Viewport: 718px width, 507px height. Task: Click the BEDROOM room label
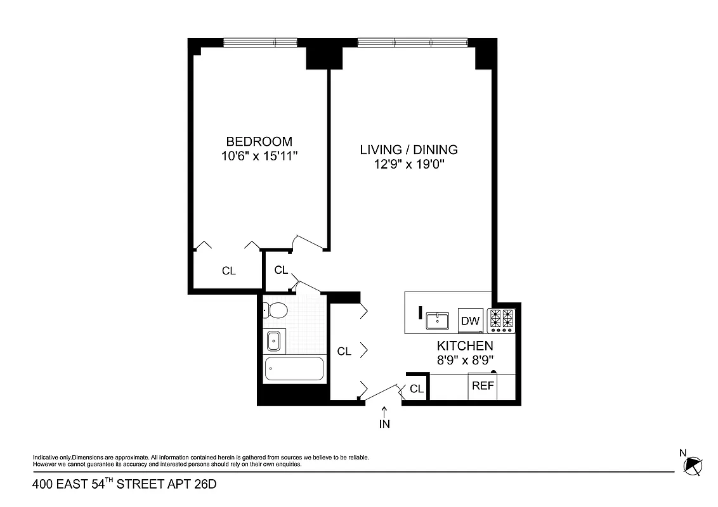pyautogui.click(x=259, y=141)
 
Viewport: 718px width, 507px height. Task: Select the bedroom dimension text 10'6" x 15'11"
pyautogui.click(x=259, y=156)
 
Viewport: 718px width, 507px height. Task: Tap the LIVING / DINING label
pyautogui.click(x=408, y=150)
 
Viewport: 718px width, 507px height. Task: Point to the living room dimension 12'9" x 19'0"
pyautogui.click(x=408, y=165)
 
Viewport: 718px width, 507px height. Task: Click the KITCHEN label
pyautogui.click(x=465, y=346)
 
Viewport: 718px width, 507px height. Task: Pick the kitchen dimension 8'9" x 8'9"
pyautogui.click(x=465, y=360)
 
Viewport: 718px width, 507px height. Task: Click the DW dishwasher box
pyautogui.click(x=470, y=321)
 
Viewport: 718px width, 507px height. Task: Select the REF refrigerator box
pyautogui.click(x=483, y=386)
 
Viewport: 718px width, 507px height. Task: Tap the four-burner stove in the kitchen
pyautogui.click(x=502, y=321)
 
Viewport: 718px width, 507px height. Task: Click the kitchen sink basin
pyautogui.click(x=437, y=321)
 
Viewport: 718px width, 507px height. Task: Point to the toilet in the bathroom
pyautogui.click(x=276, y=310)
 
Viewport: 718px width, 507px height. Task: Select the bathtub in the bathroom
pyautogui.click(x=294, y=369)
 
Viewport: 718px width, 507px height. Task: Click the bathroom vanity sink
pyautogui.click(x=274, y=341)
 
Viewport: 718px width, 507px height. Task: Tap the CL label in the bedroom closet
pyautogui.click(x=228, y=271)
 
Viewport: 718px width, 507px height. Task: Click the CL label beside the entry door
pyautogui.click(x=416, y=389)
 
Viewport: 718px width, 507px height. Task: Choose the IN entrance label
pyautogui.click(x=384, y=425)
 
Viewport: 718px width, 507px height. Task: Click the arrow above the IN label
pyautogui.click(x=384, y=412)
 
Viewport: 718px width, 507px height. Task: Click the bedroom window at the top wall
pyautogui.click(x=259, y=43)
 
